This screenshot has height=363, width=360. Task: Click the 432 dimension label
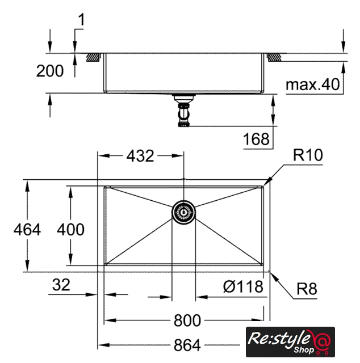pyautogui.click(x=140, y=156)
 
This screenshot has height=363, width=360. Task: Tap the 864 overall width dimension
pyautogui.click(x=187, y=345)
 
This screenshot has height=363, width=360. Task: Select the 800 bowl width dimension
pyautogui.click(x=187, y=320)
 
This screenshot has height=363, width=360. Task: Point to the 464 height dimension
pyautogui.click(x=27, y=230)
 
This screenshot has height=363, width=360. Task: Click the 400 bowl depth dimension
pyautogui.click(x=71, y=230)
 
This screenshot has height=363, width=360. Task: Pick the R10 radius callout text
pyautogui.click(x=308, y=155)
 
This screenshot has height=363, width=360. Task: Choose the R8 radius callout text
pyautogui.click(x=307, y=289)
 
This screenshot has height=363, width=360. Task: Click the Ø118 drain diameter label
pyautogui.click(x=243, y=286)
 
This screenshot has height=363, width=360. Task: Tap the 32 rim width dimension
pyautogui.click(x=61, y=285)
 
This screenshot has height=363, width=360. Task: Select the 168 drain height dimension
pyautogui.click(x=256, y=139)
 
